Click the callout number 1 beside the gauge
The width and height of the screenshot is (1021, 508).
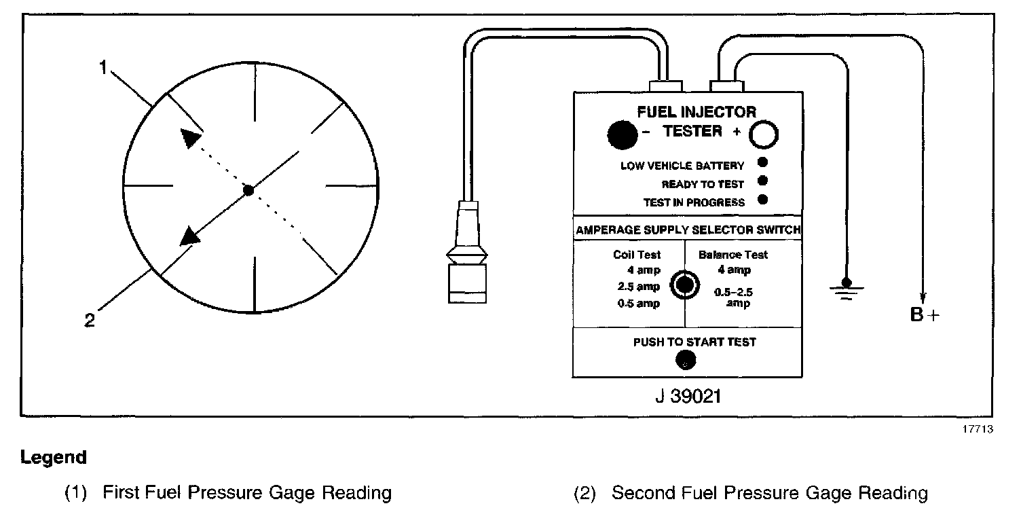pyautogui.click(x=103, y=68)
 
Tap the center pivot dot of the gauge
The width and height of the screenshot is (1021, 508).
pyautogui.click(x=248, y=191)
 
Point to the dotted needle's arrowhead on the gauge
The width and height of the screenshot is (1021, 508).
pyautogui.click(x=191, y=138)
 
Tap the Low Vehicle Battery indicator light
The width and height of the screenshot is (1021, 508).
pyautogui.click(x=762, y=162)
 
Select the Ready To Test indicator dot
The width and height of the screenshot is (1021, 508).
pyautogui.click(x=762, y=181)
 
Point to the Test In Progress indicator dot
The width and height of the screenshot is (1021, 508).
pyautogui.click(x=762, y=200)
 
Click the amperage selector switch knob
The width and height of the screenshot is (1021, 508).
pyautogui.click(x=683, y=285)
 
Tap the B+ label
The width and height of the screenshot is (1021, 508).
pyautogui.click(x=926, y=315)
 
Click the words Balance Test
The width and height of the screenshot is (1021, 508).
pyautogui.click(x=733, y=255)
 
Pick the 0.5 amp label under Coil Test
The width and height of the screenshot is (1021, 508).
pyautogui.click(x=638, y=304)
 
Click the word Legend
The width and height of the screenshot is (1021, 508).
pyautogui.click(x=54, y=458)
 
